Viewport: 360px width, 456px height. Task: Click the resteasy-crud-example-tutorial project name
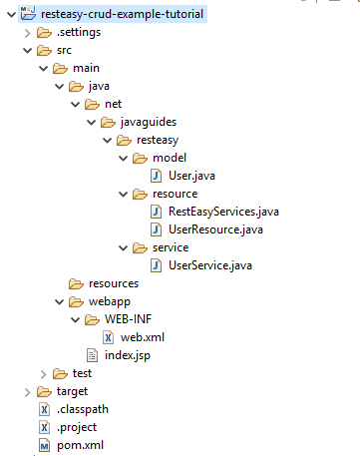[123, 14]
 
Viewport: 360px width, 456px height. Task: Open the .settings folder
[81, 32]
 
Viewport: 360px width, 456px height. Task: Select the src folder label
[63, 50]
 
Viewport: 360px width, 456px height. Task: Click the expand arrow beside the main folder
[41, 69]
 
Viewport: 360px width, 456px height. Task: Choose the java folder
[98, 87]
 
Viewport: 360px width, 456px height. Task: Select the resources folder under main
[113, 283]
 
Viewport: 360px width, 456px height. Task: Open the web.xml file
[142, 337]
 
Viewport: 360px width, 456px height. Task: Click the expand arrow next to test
[41, 373]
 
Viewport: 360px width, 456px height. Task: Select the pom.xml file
[80, 445]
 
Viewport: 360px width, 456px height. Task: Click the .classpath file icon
[44, 409]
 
